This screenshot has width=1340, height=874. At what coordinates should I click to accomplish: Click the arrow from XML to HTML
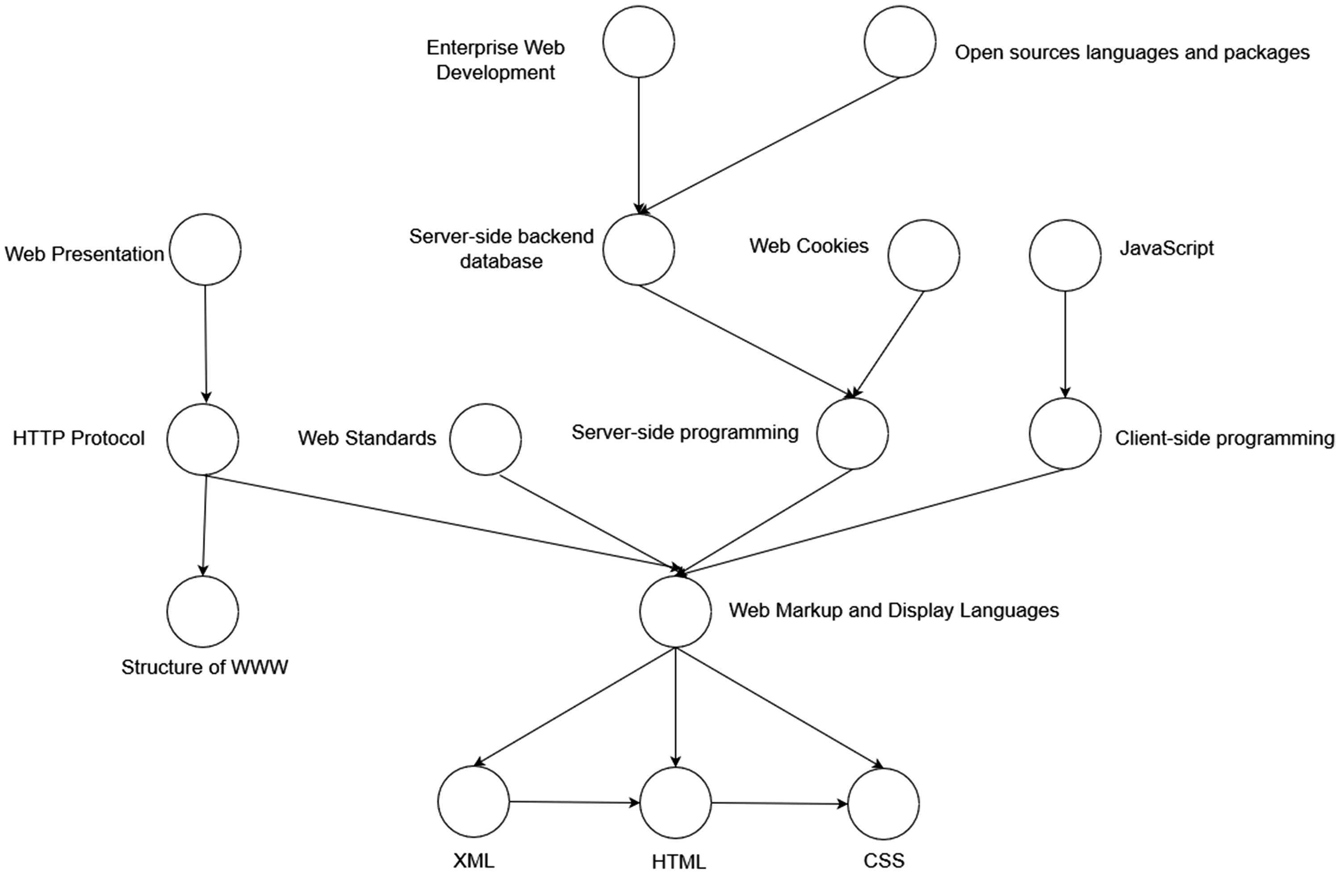coord(575,803)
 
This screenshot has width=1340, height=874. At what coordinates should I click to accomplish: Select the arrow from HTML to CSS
coord(780,803)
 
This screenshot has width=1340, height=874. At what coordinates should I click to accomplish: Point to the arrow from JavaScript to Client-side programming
coord(1065,345)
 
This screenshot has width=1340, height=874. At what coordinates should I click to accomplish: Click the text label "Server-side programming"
coord(685,432)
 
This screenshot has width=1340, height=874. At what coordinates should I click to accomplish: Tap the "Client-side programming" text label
coord(1225,438)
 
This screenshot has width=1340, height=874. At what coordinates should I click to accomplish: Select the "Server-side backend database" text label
coord(501,248)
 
